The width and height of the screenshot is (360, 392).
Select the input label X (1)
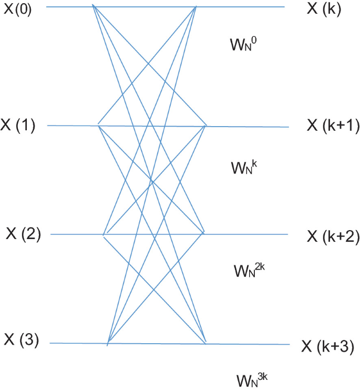[x=18, y=127]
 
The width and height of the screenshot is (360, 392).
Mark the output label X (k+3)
[x=327, y=346]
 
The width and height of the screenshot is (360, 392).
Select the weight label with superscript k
[x=242, y=167]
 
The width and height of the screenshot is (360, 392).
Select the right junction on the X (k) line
[x=196, y=6]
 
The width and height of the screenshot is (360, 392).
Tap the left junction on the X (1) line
[x=98, y=125]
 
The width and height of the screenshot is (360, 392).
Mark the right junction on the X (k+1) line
[x=205, y=126]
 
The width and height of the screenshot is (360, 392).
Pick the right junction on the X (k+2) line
[x=203, y=233]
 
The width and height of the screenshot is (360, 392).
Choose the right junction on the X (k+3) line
[x=205, y=344]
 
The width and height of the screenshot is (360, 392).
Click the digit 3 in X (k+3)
[x=343, y=346]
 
